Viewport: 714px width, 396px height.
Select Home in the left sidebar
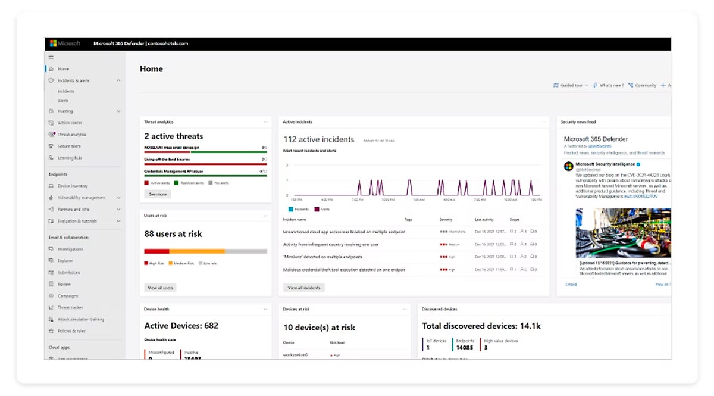[63, 69]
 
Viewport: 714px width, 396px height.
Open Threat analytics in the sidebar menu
[71, 135]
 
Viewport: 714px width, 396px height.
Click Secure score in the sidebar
[69, 146]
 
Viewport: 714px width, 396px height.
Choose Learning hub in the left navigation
[70, 158]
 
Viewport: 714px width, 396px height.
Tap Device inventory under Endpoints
[73, 186]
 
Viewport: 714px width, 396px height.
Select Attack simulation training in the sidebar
[80, 319]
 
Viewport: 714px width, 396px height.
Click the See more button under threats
[158, 194]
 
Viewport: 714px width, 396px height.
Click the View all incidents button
[304, 288]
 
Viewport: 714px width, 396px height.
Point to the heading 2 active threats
[173, 136]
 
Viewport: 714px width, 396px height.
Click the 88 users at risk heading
[173, 234]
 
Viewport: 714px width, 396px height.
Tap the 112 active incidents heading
[318, 139]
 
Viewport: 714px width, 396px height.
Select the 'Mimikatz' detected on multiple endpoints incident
[322, 257]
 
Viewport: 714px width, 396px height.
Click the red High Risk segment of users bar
[156, 251]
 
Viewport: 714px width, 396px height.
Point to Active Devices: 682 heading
[181, 326]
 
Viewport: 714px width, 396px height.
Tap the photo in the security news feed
[623, 232]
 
